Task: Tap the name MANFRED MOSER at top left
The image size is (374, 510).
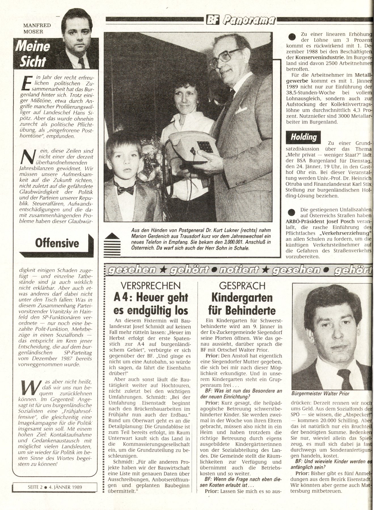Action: click(x=37, y=28)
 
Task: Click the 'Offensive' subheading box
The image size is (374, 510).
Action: click(x=57, y=243)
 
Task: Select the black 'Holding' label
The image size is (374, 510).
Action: click(x=303, y=137)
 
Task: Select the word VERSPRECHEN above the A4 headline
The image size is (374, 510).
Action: click(x=151, y=285)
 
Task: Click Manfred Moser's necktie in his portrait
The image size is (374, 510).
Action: click(x=81, y=63)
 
